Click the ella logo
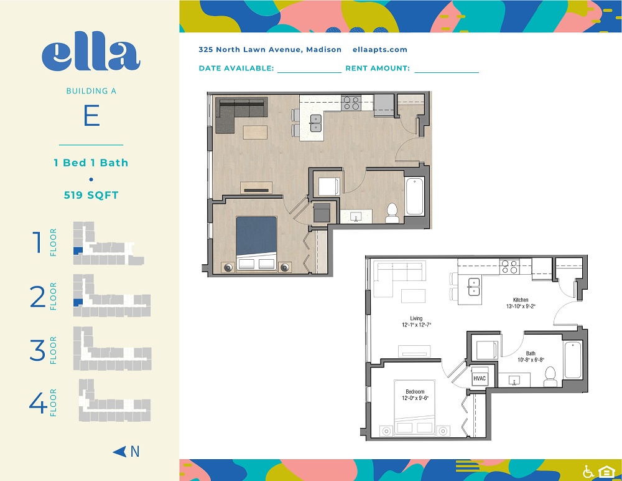pos(91,55)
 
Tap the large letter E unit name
pos(91,115)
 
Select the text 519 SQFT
pos(91,195)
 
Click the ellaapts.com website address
pos(379,50)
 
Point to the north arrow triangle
pos(119,452)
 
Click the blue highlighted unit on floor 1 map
pos(78,251)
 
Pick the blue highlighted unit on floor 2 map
pos(78,303)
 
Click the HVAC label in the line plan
pos(479,378)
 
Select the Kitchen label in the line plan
pos(521,300)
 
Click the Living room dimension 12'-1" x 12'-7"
pos(416,325)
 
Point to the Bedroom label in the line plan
pos(415,391)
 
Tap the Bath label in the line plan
pos(531,353)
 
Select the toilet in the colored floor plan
pos(392,214)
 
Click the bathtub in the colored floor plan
pos(414,196)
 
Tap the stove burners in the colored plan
pos(351,103)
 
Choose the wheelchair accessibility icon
pos(588,472)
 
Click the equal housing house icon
pos(606,472)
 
